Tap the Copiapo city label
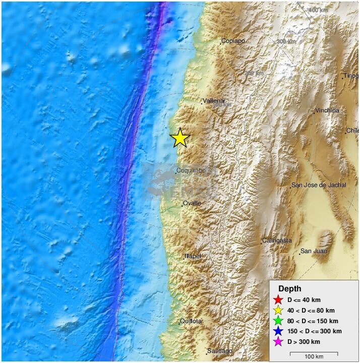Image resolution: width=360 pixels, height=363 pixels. click(x=233, y=41)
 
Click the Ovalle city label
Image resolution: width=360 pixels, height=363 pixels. click(x=192, y=203)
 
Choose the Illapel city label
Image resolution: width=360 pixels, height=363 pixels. click(x=193, y=256)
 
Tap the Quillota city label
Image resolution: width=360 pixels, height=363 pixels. click(x=191, y=321)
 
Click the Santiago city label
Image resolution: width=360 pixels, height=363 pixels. click(x=220, y=351)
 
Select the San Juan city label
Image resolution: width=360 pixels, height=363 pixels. click(x=314, y=251)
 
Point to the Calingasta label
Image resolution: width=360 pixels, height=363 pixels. click(x=277, y=240)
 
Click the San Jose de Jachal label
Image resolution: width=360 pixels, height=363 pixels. click(x=319, y=185)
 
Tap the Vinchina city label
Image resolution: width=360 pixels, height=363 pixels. click(x=327, y=110)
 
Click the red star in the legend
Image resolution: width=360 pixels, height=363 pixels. click(x=278, y=300)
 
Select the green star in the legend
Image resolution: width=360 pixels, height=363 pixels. click(x=278, y=321)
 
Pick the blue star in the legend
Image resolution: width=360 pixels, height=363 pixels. click(x=278, y=332)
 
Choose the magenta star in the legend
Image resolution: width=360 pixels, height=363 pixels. click(x=278, y=342)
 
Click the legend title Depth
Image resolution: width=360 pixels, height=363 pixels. click(x=290, y=289)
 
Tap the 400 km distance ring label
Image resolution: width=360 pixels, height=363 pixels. click(x=318, y=10)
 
